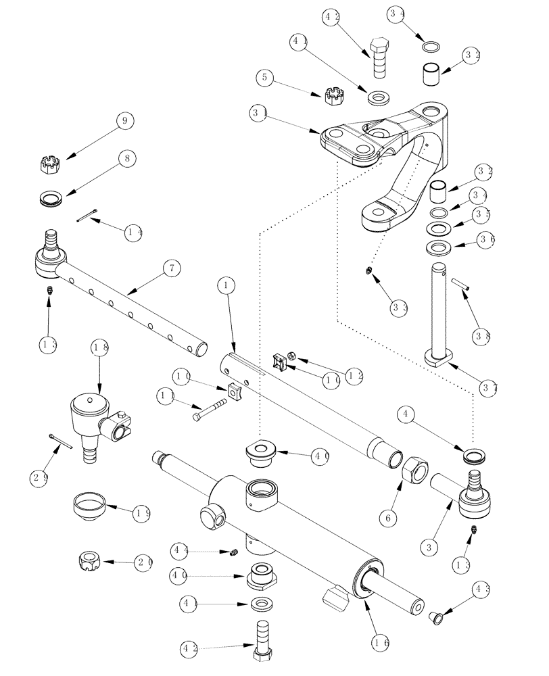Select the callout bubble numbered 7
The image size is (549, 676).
(172, 268)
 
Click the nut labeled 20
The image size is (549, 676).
(89, 561)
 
